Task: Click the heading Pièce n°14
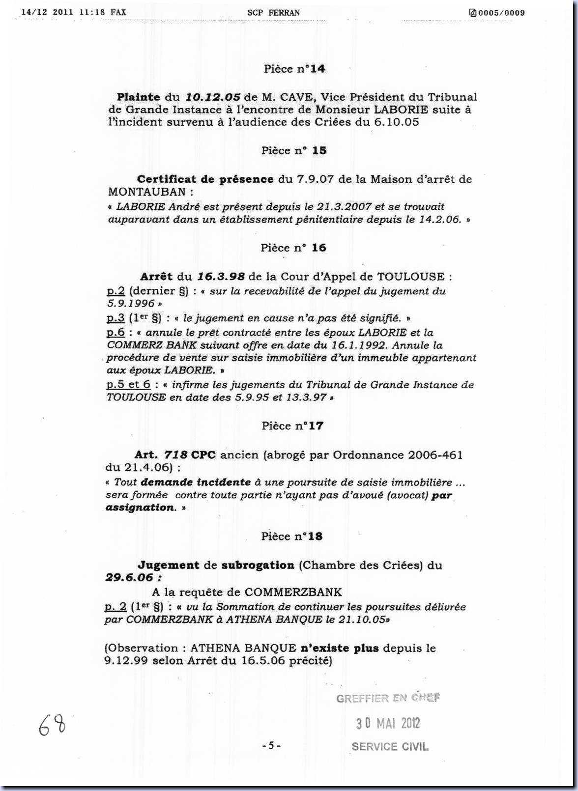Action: (294, 69)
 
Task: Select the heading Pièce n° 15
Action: (294, 151)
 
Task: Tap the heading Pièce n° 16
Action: (293, 248)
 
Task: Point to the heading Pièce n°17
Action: (292, 426)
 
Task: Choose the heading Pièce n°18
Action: (292, 537)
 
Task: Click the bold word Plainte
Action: (139, 97)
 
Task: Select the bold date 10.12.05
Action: (212, 97)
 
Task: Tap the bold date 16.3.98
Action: (221, 277)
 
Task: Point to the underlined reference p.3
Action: (116, 318)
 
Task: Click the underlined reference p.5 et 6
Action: (129, 385)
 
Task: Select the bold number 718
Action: (175, 455)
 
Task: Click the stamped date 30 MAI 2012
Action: (388, 723)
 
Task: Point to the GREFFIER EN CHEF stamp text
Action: (388, 698)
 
